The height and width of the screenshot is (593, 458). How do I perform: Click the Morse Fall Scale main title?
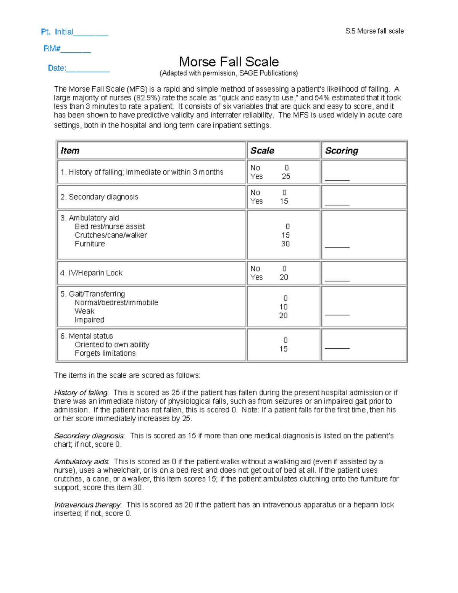coord(229,62)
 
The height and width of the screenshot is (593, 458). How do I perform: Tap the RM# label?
coord(52,48)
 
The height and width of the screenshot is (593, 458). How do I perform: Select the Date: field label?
coord(56,68)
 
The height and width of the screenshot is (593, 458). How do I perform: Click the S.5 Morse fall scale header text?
coord(374,31)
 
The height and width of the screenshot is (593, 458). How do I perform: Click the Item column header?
coord(70,150)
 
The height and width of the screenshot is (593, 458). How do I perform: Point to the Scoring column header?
coord(342,150)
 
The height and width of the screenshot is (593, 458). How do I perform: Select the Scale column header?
coord(262,150)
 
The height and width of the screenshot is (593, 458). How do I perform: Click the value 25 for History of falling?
coord(286,176)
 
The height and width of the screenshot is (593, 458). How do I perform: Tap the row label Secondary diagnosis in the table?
coord(99,197)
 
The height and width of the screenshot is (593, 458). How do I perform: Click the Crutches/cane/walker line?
coord(111,235)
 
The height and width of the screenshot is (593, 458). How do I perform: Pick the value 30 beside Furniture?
coord(285,244)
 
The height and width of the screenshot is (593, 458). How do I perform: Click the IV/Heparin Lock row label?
coord(91,273)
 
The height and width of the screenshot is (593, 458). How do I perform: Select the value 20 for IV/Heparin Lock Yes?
coord(284,277)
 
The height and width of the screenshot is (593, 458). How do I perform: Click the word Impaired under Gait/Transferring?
coord(89,320)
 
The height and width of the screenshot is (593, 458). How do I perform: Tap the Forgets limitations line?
coord(105,353)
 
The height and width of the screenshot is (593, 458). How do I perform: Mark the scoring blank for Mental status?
coord(337,347)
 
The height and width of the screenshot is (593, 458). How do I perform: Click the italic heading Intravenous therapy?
coord(87,505)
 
